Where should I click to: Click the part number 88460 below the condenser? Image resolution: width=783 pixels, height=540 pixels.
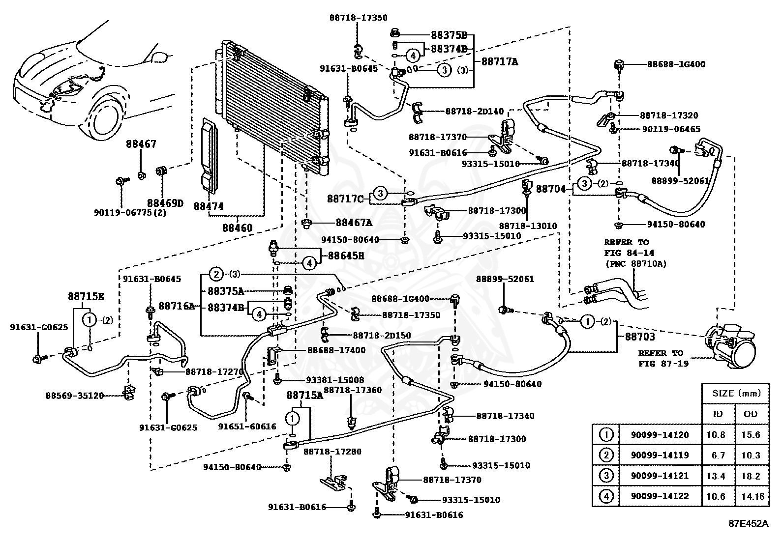point(238,227)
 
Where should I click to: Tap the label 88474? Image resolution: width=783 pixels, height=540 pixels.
point(209,206)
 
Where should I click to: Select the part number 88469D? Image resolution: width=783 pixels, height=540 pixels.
point(165,203)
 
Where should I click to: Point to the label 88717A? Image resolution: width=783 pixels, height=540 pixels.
point(500,62)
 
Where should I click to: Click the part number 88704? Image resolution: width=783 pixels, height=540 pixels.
point(551,189)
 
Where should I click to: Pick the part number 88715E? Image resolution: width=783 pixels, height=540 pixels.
point(86,297)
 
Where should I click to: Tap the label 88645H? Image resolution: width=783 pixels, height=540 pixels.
point(346,256)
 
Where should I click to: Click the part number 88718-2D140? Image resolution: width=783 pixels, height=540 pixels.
point(475,112)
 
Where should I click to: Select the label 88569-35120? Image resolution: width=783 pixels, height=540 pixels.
point(75,396)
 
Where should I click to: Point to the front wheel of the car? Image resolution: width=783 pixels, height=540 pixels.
point(104,118)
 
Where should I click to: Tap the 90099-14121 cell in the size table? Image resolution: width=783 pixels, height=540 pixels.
point(660,476)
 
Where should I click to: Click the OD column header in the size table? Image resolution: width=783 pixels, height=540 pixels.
point(751,414)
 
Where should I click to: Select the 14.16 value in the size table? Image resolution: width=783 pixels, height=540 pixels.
point(752,496)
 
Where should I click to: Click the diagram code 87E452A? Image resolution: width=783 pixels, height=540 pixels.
point(749,524)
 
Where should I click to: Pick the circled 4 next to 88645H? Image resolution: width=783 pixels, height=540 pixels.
point(309,263)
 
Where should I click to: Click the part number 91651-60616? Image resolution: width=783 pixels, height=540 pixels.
point(247,426)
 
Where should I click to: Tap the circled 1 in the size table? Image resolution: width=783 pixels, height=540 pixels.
point(606,435)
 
